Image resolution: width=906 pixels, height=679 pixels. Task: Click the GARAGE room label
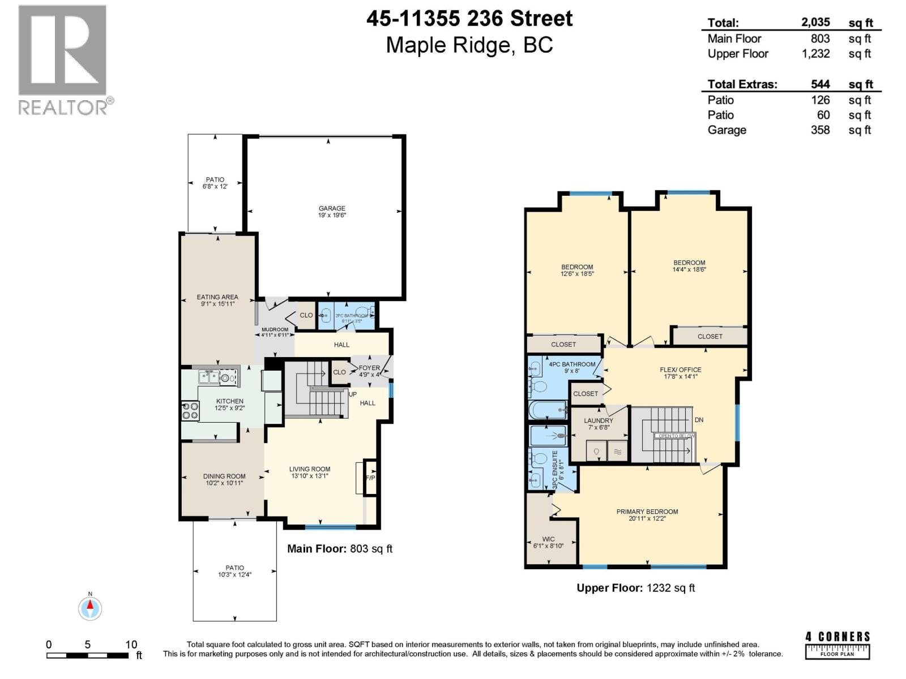[x=332, y=209]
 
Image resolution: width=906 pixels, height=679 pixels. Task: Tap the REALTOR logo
[x=63, y=59]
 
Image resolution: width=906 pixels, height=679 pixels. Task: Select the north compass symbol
[x=89, y=608]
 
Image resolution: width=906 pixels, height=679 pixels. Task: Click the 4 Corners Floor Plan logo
[x=837, y=644]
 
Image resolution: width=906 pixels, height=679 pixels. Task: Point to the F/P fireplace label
[x=370, y=478]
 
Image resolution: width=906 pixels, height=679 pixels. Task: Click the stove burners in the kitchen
[x=190, y=411]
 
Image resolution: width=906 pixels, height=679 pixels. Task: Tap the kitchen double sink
[x=210, y=377]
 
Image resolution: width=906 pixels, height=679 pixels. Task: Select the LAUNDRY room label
[x=599, y=420]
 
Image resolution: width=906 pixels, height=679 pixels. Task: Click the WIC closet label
[x=548, y=539]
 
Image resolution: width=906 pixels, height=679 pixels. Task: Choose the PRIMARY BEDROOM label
[x=647, y=512]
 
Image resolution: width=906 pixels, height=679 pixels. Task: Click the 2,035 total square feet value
[x=815, y=23]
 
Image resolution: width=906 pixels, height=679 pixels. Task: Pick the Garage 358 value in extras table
[x=820, y=130]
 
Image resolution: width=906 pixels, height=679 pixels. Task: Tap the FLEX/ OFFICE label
[x=681, y=370]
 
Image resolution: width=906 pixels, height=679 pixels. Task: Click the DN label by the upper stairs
[x=699, y=420]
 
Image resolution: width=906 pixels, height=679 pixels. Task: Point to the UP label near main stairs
[x=353, y=394]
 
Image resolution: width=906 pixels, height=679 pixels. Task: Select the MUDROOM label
[x=275, y=329]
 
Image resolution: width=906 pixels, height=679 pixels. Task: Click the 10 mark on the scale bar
[x=131, y=644]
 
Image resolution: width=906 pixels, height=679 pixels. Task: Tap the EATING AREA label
[x=217, y=297]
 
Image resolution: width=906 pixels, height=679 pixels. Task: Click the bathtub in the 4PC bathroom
[x=547, y=410]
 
